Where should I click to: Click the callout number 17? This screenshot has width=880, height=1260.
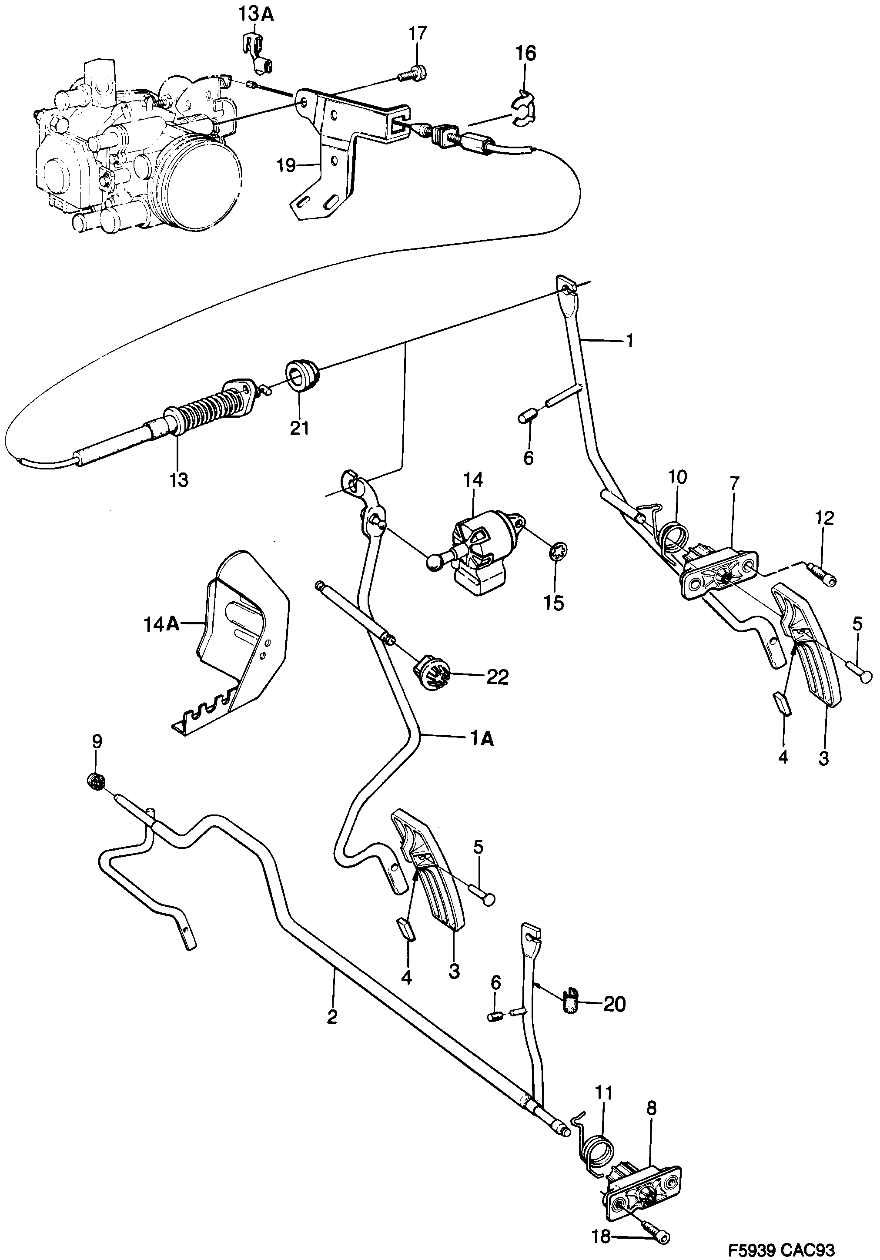(417, 34)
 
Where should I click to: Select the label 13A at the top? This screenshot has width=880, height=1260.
(256, 14)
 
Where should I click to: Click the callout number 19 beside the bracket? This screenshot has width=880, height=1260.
(286, 165)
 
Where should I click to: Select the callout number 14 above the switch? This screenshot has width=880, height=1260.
(473, 480)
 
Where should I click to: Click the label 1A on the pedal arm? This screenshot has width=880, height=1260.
(481, 739)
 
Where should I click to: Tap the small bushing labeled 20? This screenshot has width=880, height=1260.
(571, 1004)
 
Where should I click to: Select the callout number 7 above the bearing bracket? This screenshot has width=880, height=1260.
(734, 483)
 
